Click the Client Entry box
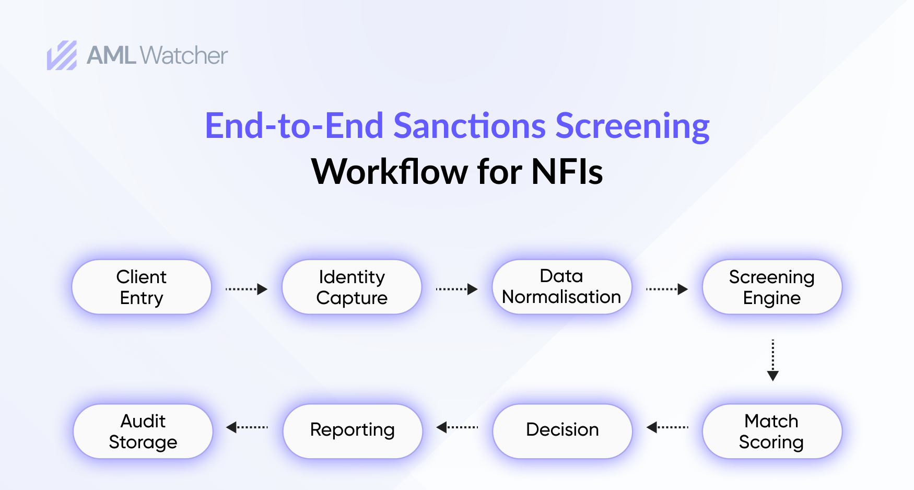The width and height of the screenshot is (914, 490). [142, 287]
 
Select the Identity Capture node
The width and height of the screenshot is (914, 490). [351, 287]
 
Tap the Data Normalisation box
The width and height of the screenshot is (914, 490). [561, 287]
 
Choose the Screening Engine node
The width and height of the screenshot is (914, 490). [771, 287]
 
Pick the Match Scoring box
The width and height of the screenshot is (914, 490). [771, 431]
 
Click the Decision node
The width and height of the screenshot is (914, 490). [562, 431]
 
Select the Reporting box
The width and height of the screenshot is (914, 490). [352, 431]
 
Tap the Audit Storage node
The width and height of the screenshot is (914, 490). [143, 431]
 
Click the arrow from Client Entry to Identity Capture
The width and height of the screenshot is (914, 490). [247, 289]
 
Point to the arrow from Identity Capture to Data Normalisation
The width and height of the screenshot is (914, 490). [457, 289]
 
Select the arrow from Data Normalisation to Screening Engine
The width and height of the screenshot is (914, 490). [667, 289]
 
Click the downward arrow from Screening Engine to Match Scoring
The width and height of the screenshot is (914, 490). [773, 360]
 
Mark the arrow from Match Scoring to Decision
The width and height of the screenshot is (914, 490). [667, 427]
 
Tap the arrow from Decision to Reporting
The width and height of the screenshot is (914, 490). [457, 427]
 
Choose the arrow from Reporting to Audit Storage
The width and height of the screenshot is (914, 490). [247, 427]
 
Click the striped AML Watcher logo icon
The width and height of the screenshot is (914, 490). [62, 55]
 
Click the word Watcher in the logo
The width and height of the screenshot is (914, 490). [184, 55]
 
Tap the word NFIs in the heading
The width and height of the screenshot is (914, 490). [567, 172]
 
